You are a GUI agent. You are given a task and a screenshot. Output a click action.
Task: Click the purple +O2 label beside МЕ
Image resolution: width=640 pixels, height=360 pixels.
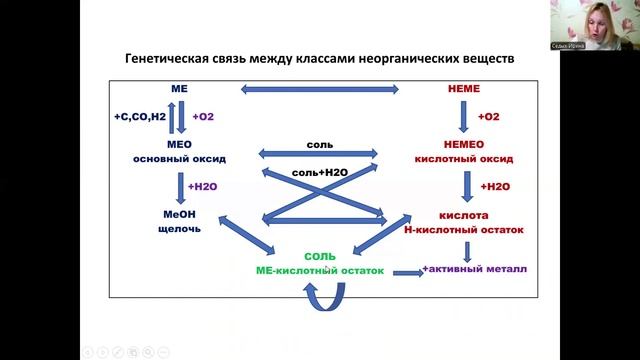203,117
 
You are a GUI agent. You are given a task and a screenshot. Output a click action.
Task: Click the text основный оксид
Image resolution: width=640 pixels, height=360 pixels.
181,158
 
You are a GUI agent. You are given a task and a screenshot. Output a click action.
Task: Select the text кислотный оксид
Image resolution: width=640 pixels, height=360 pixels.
461,158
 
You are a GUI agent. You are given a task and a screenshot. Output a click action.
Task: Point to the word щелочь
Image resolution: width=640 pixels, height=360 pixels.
181,228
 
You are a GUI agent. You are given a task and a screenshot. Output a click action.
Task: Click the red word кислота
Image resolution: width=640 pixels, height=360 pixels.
463,215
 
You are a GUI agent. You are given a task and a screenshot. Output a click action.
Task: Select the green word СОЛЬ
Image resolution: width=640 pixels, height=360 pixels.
320,257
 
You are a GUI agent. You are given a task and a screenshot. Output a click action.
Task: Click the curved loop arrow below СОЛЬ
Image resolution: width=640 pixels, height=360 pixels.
323,294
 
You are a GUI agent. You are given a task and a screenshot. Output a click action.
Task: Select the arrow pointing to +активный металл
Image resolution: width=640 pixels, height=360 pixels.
405,272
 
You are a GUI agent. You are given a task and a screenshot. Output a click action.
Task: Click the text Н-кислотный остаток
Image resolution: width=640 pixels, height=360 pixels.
468,228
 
